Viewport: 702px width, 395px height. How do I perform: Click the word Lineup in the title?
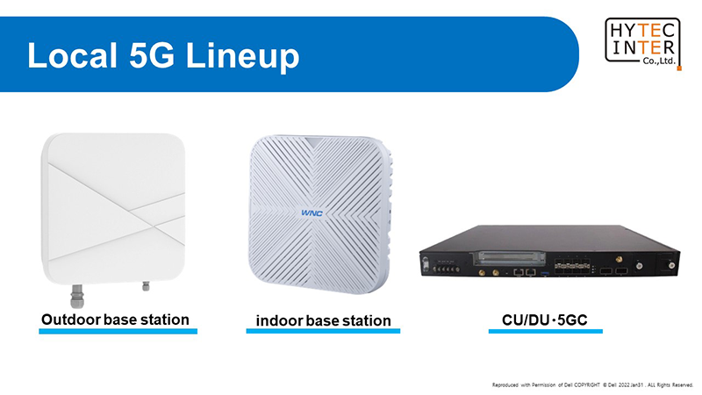[242, 56]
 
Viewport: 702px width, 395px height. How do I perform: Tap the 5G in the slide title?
[152, 55]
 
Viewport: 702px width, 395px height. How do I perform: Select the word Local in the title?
[72, 55]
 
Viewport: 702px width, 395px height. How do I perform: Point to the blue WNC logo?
[312, 213]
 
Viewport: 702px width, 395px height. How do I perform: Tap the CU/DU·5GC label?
[544, 320]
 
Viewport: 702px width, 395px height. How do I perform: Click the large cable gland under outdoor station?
[77, 296]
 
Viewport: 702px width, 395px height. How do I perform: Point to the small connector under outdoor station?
[146, 286]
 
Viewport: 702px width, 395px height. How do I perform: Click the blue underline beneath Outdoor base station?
[118, 332]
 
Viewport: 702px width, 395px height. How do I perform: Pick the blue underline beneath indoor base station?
[323, 331]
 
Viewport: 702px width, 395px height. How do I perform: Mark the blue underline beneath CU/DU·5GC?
[545, 332]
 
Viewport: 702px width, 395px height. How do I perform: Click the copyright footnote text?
[593, 385]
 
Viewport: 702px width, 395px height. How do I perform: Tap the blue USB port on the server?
[545, 273]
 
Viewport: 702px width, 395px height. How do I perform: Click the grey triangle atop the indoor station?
[314, 142]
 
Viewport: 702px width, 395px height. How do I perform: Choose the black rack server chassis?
[549, 251]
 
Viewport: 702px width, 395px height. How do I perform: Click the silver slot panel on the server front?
[512, 258]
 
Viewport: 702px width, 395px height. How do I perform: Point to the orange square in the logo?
[679, 68]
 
